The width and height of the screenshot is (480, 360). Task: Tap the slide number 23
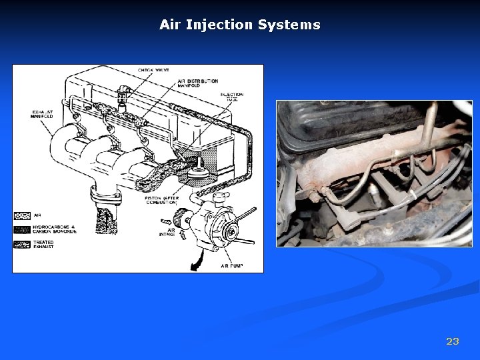452,341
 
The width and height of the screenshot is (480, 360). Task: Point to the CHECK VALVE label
153,70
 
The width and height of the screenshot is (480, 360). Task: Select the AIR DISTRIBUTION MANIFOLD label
198,84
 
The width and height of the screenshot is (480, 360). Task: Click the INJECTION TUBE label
232,97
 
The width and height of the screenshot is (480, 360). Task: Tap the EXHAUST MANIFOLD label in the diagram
41,115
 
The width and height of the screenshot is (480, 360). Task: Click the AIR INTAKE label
166,231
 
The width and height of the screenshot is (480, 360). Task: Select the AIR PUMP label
231,265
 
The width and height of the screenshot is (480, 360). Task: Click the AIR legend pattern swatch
21,216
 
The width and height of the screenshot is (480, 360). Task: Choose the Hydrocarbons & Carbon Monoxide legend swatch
21,229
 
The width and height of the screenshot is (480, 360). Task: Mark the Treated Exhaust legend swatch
21,245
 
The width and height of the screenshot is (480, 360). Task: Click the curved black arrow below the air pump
197,262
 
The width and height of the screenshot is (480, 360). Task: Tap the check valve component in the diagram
122,98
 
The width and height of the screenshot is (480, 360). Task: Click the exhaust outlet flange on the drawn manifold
106,196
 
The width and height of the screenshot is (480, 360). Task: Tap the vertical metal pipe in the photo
430,123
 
